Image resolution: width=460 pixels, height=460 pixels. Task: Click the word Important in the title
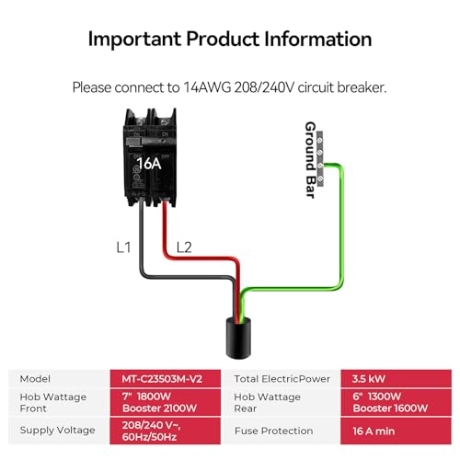point(134,40)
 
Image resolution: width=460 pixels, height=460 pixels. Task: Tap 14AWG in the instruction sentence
point(207,87)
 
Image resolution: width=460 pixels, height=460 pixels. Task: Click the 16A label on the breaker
point(149,164)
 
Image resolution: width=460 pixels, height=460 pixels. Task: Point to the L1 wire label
point(123,247)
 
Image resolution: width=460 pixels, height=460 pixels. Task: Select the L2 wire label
point(184,247)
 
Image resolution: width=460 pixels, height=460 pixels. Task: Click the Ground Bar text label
point(310,160)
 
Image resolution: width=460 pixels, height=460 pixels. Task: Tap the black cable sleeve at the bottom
point(238,339)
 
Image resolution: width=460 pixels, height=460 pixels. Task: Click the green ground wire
point(341,227)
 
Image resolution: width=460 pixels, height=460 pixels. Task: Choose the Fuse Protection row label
point(273,431)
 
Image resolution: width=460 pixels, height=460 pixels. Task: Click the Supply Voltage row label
point(57,431)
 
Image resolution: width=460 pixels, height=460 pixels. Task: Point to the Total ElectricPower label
point(282,379)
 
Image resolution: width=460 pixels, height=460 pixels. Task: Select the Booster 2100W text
point(159,408)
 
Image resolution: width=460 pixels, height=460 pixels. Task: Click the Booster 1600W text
point(390,408)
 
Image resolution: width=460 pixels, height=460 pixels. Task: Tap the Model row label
point(35,379)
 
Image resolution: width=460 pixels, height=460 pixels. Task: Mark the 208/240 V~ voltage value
point(151,425)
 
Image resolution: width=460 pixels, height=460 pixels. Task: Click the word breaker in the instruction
point(362,87)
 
